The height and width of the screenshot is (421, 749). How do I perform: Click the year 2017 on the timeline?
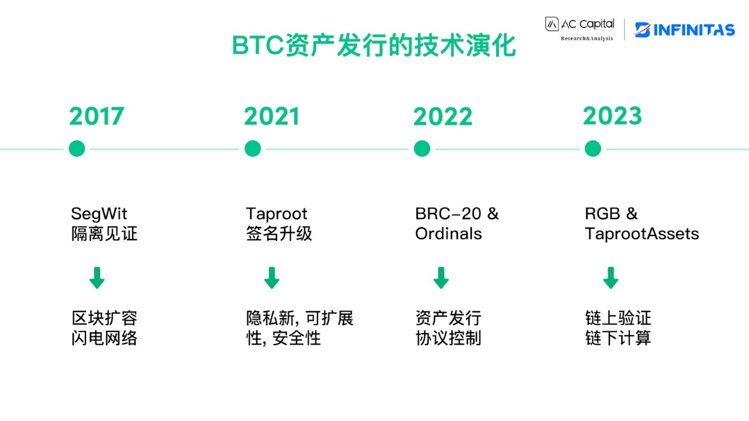tap(97, 116)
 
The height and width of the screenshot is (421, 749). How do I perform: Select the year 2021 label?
tap(272, 116)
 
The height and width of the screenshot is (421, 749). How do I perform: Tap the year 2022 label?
tap(443, 117)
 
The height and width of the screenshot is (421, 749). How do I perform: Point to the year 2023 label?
tap(612, 115)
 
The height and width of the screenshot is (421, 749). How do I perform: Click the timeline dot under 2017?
tap(77, 148)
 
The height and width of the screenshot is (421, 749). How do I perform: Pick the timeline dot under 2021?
tap(253, 148)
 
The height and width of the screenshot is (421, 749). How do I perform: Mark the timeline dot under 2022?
tap(422, 148)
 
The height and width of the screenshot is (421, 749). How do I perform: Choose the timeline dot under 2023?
tap(593, 148)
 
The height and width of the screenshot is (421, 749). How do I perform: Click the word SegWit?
tap(99, 214)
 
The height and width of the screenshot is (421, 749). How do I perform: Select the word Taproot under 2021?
tap(276, 214)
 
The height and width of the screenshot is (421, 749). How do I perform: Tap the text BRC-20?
tap(448, 214)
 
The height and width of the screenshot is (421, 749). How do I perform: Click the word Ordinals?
tap(448, 234)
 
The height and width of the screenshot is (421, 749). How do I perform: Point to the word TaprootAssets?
tap(642, 234)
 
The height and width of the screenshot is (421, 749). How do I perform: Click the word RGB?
tap(602, 214)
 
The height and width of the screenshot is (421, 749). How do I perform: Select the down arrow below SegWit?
tap(97, 278)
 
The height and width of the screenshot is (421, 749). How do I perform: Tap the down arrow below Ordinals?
tap(441, 278)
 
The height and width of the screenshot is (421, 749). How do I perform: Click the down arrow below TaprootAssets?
tap(611, 278)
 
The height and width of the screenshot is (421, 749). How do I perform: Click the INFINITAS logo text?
tap(694, 30)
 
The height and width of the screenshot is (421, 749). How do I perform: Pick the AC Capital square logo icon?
tap(552, 24)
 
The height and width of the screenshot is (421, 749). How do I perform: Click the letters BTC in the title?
tap(258, 45)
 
